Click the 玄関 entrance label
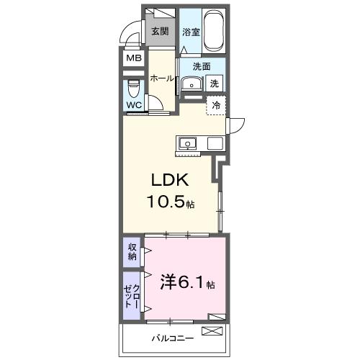click(x=159, y=32)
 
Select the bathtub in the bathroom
click(x=213, y=32)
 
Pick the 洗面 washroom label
click(x=201, y=67)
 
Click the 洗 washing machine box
click(x=214, y=84)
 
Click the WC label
click(x=134, y=105)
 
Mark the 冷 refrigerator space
click(x=216, y=105)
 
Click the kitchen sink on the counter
click(x=188, y=142)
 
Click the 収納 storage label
click(x=132, y=251)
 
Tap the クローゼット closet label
click(x=132, y=295)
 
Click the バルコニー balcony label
click(x=170, y=336)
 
